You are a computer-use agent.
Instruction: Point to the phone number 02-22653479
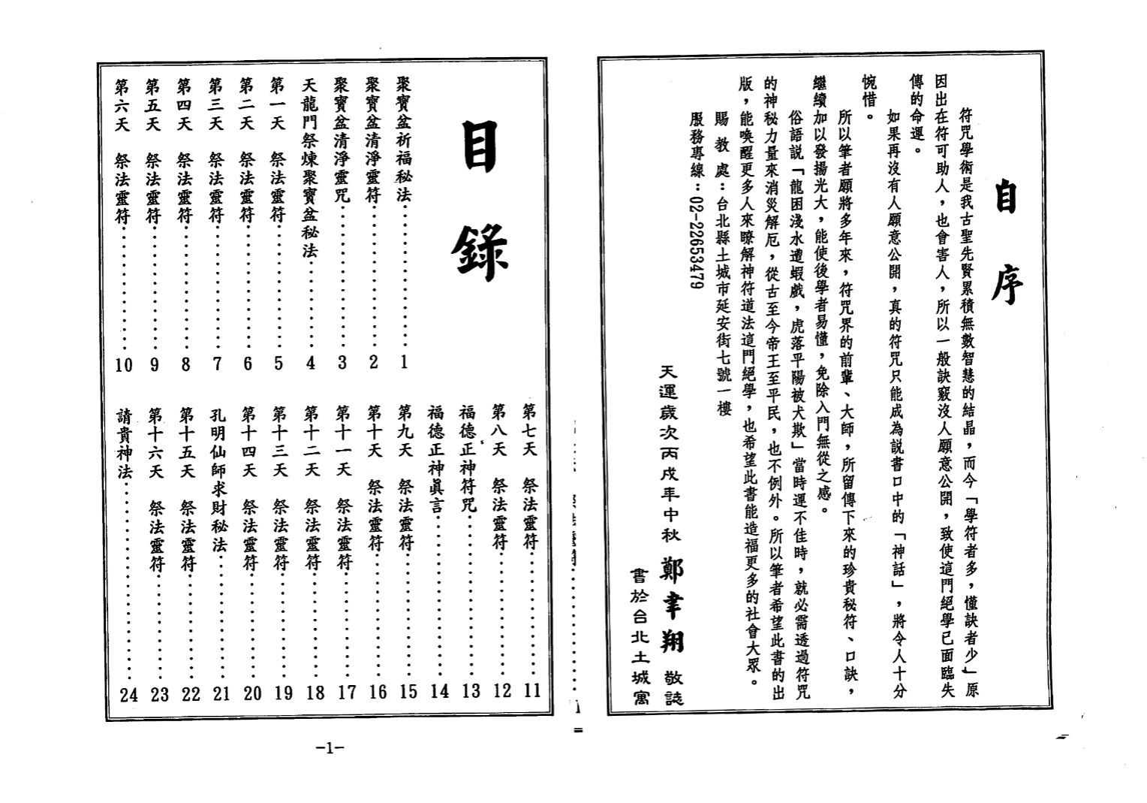click(696, 244)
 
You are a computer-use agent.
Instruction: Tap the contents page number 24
click(129, 695)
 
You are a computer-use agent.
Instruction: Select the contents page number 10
click(124, 365)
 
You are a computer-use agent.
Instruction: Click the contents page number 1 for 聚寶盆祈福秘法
click(404, 362)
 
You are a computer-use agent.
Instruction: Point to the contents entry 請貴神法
click(125, 443)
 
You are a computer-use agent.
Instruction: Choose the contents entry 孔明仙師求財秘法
click(218, 480)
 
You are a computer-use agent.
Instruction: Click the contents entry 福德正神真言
click(436, 457)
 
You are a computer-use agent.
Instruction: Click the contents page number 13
click(471, 691)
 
